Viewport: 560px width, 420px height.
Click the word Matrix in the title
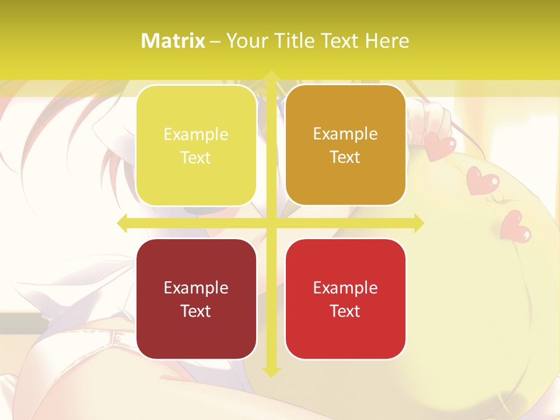coord(173,41)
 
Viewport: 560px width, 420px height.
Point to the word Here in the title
coord(387,41)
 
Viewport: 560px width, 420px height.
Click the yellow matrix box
coord(196,145)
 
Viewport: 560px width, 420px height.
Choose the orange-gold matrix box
coord(345,145)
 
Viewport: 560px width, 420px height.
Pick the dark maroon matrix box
coord(196,299)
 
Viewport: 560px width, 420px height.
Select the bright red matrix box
coord(345,299)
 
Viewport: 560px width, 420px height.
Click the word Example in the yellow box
coord(196,135)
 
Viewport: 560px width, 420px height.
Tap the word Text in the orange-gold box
coord(345,157)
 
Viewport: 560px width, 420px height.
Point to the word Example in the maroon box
coord(196,288)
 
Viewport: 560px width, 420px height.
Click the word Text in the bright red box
coord(345,311)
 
